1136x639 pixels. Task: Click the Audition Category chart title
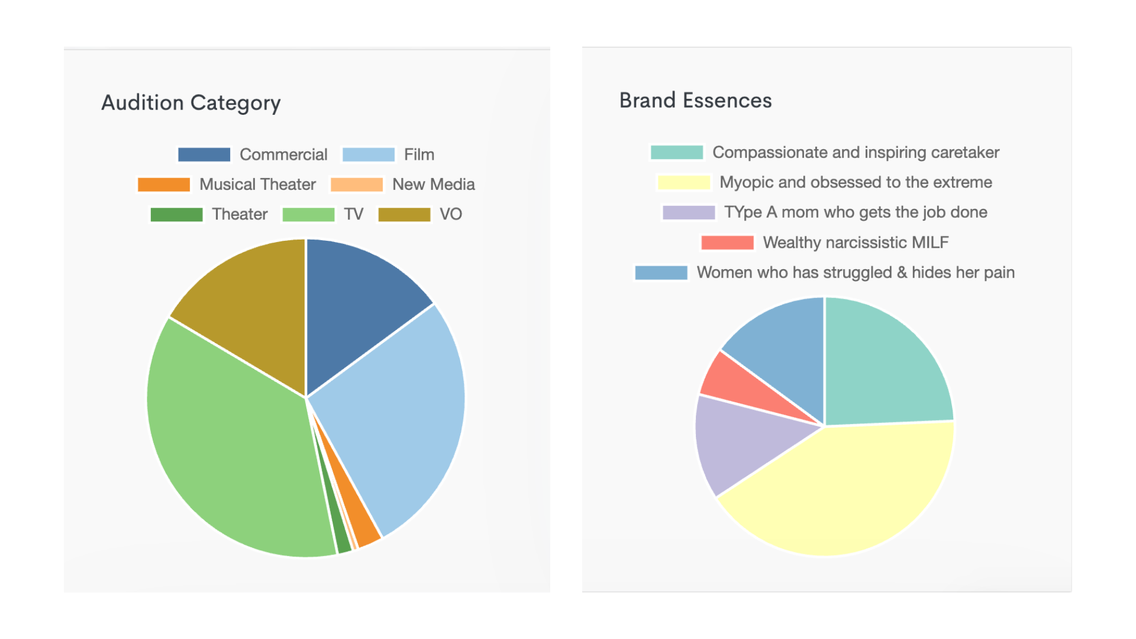[x=191, y=103]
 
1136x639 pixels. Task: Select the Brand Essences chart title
[x=695, y=101]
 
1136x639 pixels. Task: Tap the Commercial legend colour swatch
[x=204, y=154]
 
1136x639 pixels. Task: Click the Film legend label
[x=419, y=154]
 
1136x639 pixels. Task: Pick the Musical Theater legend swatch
[x=164, y=185]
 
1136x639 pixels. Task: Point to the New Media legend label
[x=433, y=185]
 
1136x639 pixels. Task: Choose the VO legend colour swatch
[x=404, y=214]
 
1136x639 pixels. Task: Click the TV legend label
[x=353, y=214]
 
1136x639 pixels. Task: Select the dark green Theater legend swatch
[x=176, y=214]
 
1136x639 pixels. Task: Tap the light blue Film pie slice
[x=396, y=414]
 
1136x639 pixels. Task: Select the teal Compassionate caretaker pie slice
[x=882, y=367]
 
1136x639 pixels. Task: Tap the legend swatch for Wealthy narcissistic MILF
[x=727, y=243]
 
